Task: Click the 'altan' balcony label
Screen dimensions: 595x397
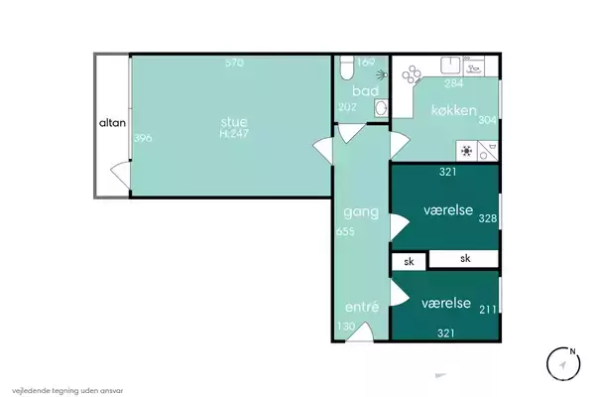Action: pyautogui.click(x=112, y=123)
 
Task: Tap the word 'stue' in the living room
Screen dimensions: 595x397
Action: pyautogui.click(x=234, y=121)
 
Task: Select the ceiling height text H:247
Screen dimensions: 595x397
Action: pyautogui.click(x=234, y=134)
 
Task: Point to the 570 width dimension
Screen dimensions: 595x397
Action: pyautogui.click(x=234, y=63)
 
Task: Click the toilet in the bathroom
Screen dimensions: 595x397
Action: pyautogui.click(x=346, y=67)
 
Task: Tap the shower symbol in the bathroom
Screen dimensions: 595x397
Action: pyautogui.click(x=382, y=74)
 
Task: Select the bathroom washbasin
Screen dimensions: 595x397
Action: pyautogui.click(x=381, y=108)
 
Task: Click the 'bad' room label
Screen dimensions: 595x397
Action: pyautogui.click(x=365, y=90)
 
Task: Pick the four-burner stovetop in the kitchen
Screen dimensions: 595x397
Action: pyautogui.click(x=412, y=74)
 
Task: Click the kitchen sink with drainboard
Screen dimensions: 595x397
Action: pyautogui.click(x=462, y=66)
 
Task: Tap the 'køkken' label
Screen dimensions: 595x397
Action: pyautogui.click(x=454, y=110)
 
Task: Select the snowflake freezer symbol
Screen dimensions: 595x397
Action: pyautogui.click(x=467, y=151)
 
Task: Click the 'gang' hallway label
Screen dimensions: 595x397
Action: pyautogui.click(x=361, y=212)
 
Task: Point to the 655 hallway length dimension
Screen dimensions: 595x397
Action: pyautogui.click(x=345, y=231)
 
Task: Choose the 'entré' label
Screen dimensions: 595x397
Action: pyautogui.click(x=362, y=307)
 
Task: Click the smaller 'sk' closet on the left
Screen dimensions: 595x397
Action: pyautogui.click(x=409, y=261)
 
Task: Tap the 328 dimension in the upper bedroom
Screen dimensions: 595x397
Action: pyautogui.click(x=488, y=218)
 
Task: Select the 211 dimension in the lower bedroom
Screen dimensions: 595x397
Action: pyautogui.click(x=488, y=310)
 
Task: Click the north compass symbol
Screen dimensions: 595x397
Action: pyautogui.click(x=563, y=363)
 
